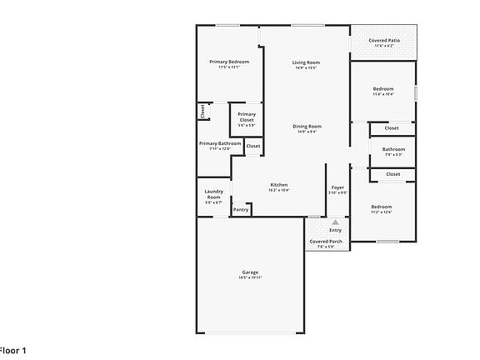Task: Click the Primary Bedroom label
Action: [x=229, y=62]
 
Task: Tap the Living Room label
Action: [x=306, y=62]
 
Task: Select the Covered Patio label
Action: [x=384, y=40]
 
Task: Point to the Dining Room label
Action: [x=307, y=126]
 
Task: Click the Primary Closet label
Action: [x=247, y=117]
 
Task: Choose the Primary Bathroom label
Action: [x=220, y=143]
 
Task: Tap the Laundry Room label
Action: [x=213, y=194]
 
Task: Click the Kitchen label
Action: [x=279, y=184]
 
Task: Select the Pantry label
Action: [x=241, y=209]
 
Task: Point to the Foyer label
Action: [x=337, y=187]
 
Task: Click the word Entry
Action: [x=335, y=230]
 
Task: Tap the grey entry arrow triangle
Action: [x=335, y=222]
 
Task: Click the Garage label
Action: [x=250, y=272]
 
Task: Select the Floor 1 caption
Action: [x=13, y=350]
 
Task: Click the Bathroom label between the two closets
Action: [x=393, y=149]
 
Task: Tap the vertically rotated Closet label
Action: [x=202, y=111]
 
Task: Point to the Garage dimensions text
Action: [x=250, y=277]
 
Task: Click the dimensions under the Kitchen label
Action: [x=279, y=190]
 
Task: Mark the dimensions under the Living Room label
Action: [x=306, y=68]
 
